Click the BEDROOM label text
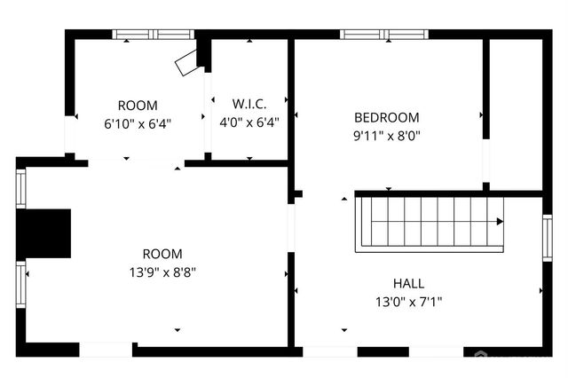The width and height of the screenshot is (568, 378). click(387, 117)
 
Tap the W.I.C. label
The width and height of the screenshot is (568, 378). click(248, 104)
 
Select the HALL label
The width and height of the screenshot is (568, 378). click(408, 283)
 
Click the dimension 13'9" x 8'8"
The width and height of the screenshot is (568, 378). click(162, 272)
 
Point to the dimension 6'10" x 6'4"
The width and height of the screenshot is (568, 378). click(138, 123)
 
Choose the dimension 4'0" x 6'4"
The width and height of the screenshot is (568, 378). click(249, 123)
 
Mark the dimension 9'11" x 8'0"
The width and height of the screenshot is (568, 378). click(387, 137)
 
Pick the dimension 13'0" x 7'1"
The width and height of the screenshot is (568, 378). click(408, 303)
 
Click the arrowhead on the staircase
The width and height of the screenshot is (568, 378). click(500, 222)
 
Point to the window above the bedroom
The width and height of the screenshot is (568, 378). click(383, 35)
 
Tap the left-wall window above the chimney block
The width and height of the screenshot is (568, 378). click(21, 188)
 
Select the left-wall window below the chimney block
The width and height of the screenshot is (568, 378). click(21, 283)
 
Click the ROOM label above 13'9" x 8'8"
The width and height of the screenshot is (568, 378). click(162, 253)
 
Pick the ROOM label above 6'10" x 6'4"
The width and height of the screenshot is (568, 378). click(138, 104)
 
